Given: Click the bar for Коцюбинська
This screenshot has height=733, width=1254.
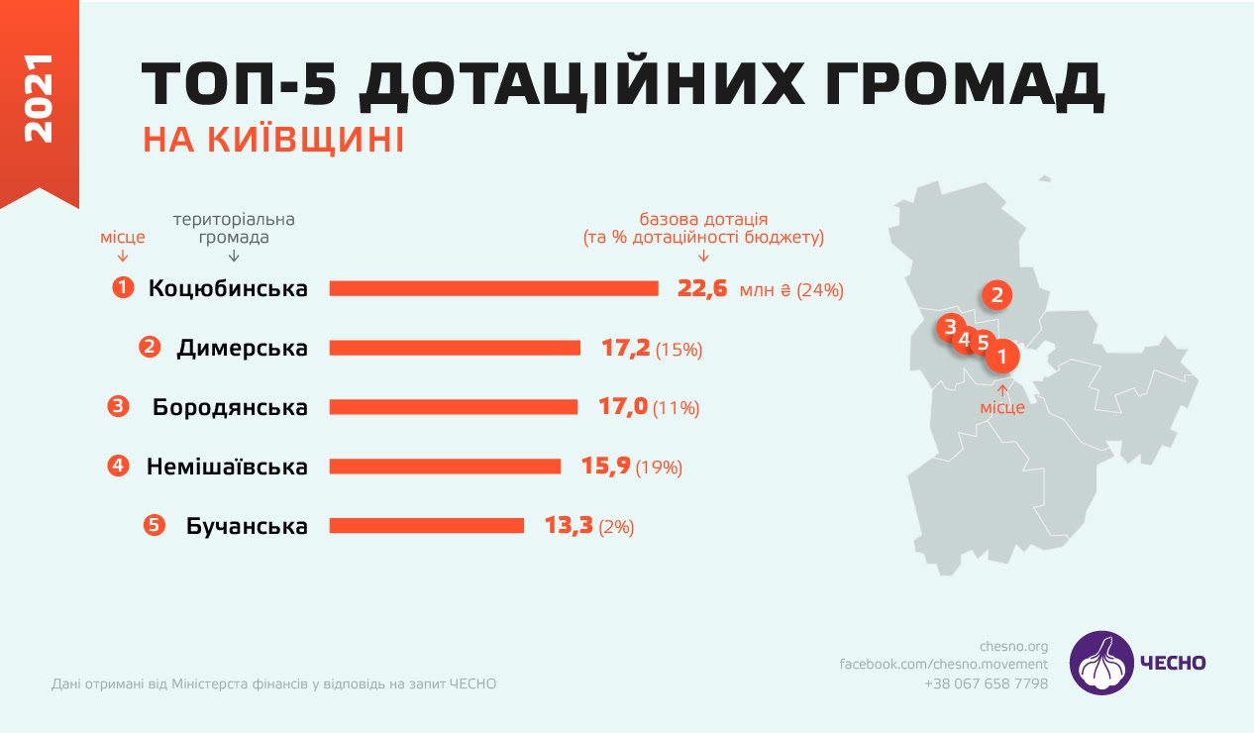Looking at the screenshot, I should pyautogui.click(x=493, y=288).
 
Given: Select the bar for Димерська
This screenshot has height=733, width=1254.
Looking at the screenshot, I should pyautogui.click(x=455, y=348).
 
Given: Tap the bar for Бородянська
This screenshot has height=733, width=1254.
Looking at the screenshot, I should pyautogui.click(x=453, y=407).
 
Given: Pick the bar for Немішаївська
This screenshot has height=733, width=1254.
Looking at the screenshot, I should pyautogui.click(x=445, y=467).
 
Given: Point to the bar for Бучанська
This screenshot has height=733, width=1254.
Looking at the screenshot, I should pyautogui.click(x=426, y=526).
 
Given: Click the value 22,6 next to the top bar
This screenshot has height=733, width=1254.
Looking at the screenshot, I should pyautogui.click(x=702, y=288).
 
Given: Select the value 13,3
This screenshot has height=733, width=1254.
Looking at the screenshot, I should pyautogui.click(x=569, y=526).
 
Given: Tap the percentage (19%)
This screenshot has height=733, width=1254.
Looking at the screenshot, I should pyautogui.click(x=660, y=468).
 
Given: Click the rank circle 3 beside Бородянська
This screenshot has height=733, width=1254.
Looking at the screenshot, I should pyautogui.click(x=118, y=406).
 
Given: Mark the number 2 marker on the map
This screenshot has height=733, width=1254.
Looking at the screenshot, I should pyautogui.click(x=997, y=294).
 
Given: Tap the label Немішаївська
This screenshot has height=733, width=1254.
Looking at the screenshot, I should pyautogui.click(x=227, y=467).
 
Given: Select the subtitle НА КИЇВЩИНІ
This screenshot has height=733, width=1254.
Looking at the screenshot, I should pyautogui.click(x=273, y=140).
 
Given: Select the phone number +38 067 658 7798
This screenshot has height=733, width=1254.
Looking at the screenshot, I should pyautogui.click(x=986, y=683).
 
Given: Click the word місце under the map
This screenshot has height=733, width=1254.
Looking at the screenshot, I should pyautogui.click(x=1002, y=408).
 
